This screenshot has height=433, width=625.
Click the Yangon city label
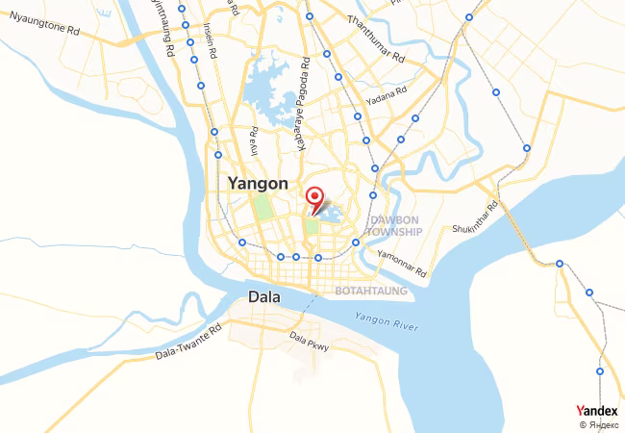tap(257, 183)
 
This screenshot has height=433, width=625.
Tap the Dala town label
tap(264, 297)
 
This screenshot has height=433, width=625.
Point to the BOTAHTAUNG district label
tap(371, 290)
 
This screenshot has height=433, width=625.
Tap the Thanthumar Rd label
tap(377, 37)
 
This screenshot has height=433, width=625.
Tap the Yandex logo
tap(596, 411)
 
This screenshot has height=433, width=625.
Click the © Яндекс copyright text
tap(598, 424)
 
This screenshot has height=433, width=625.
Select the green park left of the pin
tap(262, 210)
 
